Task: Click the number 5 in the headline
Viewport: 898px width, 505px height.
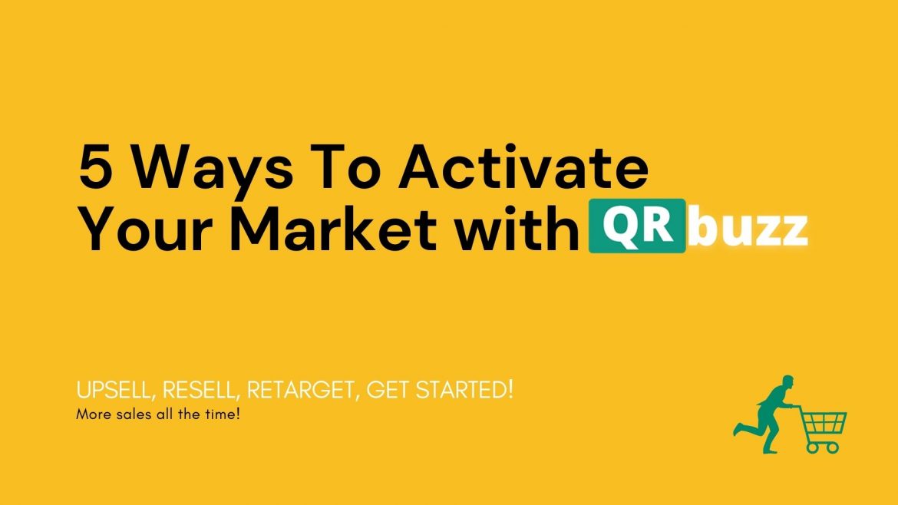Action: (95, 167)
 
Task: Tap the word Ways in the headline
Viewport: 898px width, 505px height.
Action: (213, 171)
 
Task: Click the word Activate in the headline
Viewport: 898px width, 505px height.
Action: (523, 167)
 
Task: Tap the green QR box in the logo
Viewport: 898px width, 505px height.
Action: (637, 226)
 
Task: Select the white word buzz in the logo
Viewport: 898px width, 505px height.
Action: (748, 229)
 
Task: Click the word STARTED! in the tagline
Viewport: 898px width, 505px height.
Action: (464, 390)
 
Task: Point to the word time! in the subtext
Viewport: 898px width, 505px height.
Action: (223, 414)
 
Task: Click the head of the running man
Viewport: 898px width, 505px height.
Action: (788, 383)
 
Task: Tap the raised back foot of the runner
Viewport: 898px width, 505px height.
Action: (737, 430)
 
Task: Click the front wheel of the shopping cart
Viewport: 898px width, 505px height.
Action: (834, 447)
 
